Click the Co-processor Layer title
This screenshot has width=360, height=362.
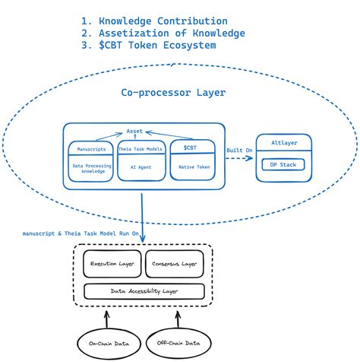tap(173, 93)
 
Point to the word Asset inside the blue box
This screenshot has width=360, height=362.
tap(134, 132)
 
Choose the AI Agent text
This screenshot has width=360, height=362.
tap(141, 166)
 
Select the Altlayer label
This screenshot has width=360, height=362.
tap(282, 144)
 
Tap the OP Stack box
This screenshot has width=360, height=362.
tap(282, 164)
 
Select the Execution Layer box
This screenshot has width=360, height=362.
tap(112, 263)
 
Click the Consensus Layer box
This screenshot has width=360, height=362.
tap(175, 263)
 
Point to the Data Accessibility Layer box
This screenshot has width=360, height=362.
tap(144, 291)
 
